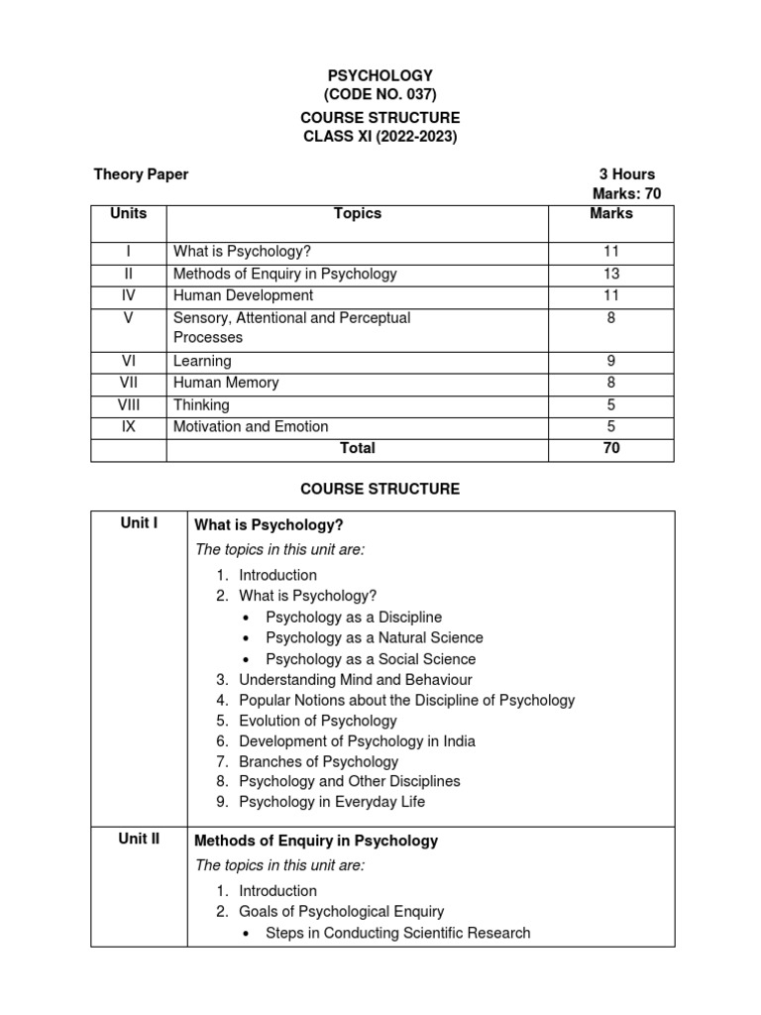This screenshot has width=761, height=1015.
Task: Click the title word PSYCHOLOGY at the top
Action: [380, 75]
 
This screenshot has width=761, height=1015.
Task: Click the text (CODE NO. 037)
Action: [380, 95]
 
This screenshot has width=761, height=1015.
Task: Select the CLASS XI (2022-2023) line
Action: [380, 137]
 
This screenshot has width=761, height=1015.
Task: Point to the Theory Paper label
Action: [141, 174]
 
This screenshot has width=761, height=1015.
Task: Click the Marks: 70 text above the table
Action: [626, 194]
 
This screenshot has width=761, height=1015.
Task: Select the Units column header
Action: [128, 213]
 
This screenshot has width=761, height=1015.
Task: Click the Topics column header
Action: [358, 213]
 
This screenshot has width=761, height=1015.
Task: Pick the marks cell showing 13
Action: [611, 274]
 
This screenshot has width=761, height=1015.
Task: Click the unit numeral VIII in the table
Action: [128, 404]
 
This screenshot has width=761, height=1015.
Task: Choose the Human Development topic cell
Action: [243, 295]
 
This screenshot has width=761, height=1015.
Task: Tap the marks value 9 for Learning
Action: [611, 362]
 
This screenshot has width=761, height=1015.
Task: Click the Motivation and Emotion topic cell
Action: [251, 426]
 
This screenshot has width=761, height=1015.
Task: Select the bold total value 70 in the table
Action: [611, 448]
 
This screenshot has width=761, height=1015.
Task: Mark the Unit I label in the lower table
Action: [140, 522]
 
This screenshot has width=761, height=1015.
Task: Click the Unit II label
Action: [140, 839]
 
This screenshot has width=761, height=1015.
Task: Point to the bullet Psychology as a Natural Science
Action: [375, 637]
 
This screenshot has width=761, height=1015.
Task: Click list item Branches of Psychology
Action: [318, 761]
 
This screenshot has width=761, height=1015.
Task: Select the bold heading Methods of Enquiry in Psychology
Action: [316, 841]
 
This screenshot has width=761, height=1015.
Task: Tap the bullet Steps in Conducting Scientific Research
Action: [398, 933]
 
